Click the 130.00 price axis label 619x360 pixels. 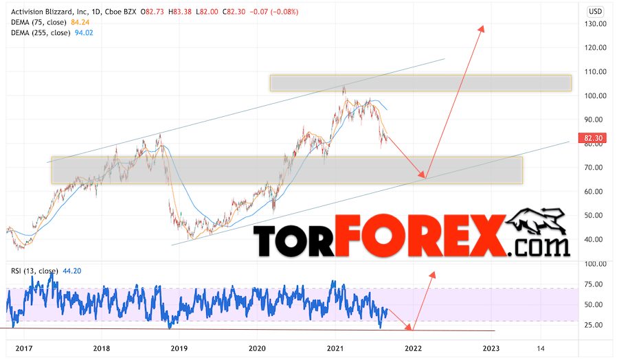click(595, 23)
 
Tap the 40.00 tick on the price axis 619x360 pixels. click(595, 239)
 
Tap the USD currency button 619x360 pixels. click(595, 12)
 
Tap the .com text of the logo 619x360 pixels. click(541, 246)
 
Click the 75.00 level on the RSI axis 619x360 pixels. click(595, 284)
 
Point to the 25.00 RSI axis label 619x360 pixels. click(595, 324)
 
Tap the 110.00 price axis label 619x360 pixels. click(595, 71)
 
